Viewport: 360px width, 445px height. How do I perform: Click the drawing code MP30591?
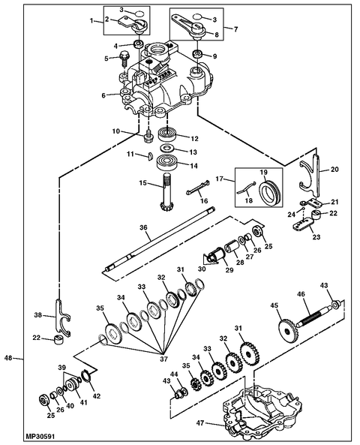40,436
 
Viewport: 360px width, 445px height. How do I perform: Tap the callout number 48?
8,358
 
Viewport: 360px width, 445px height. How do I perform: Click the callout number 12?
194,139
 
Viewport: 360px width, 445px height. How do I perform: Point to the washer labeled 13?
166,148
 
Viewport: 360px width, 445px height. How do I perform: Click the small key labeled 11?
150,157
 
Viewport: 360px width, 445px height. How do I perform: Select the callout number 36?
144,227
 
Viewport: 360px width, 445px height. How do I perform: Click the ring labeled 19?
270,193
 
